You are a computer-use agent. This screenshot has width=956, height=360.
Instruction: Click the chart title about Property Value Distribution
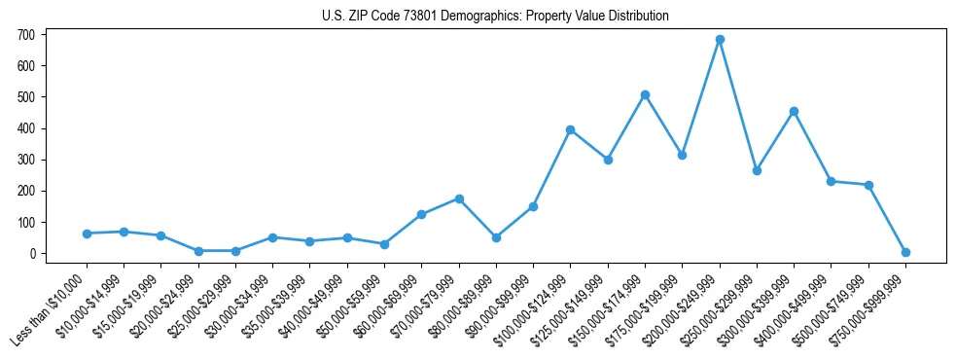495,16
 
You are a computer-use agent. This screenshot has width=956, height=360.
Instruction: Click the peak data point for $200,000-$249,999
720,40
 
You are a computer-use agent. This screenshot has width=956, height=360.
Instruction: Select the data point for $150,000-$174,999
645,95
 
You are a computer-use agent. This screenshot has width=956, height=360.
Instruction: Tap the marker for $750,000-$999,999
905,252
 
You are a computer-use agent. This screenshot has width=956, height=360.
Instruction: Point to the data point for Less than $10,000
87,234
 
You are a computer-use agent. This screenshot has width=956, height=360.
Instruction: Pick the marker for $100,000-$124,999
571,129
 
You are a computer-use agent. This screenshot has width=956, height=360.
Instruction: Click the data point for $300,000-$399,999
795,111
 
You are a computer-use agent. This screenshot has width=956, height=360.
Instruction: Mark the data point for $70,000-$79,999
459,198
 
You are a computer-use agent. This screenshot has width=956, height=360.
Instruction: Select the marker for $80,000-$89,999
496,237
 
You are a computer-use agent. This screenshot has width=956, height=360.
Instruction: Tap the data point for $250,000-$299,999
757,170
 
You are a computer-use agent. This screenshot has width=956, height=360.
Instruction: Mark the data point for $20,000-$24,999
198,251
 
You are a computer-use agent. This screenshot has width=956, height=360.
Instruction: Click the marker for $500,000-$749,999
868,185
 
